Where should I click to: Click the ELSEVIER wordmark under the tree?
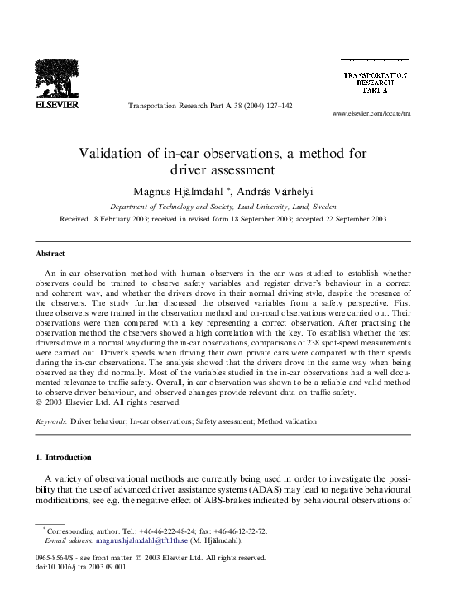[57, 106]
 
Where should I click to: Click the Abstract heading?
[50, 254]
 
